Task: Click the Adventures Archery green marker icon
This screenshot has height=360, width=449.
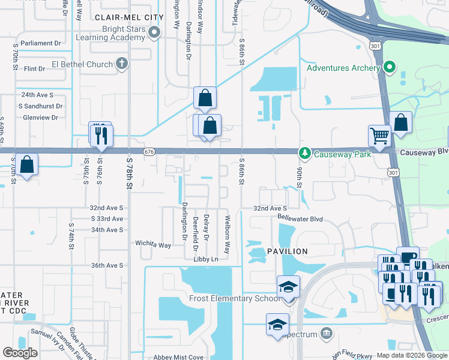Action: pos(390,67)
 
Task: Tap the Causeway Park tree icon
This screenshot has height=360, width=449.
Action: pos(305,154)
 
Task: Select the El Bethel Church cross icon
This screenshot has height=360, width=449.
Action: pos(121,64)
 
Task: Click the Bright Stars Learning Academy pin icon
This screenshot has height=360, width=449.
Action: pos(155,32)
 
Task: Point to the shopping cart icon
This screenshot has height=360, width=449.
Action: pos(379,136)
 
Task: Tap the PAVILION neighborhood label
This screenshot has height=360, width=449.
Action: pos(288,251)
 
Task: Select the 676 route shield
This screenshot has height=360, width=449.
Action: pos(149,152)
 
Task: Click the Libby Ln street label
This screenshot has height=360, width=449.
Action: pos(205,259)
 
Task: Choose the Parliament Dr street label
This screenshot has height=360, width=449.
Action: pos(41,43)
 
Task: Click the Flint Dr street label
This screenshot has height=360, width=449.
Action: pos(34,68)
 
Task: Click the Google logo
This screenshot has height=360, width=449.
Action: pos(20,353)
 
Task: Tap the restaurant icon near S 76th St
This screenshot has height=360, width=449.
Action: pos(100,134)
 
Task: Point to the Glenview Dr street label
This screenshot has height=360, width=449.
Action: pos(38,117)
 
